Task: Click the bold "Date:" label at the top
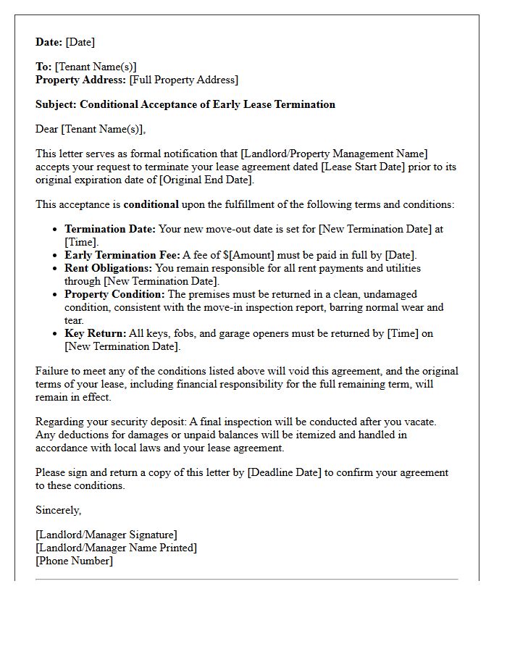coord(49,42)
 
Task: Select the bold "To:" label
coord(43,67)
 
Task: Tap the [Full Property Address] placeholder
coord(184,80)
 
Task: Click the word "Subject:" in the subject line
coord(56,104)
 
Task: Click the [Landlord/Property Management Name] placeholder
coord(334,154)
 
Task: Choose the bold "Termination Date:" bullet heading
coord(110,229)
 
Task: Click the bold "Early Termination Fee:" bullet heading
coord(122,255)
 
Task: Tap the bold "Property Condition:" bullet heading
coord(114,294)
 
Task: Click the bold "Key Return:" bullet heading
coord(94,333)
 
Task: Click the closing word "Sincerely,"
coord(59,510)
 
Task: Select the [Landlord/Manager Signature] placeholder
coord(106,535)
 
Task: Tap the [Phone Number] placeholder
coord(74,561)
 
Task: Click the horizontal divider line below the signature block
coord(246,579)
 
